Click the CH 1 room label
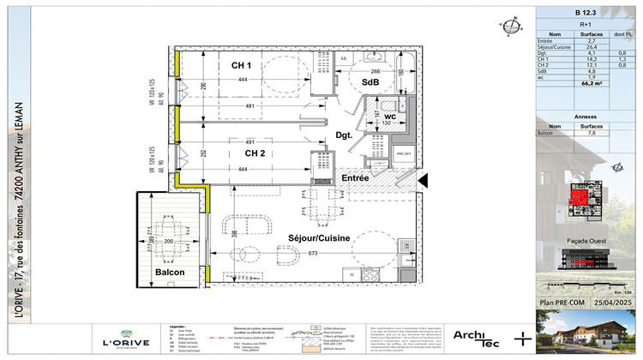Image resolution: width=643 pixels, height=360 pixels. click(x=241, y=66)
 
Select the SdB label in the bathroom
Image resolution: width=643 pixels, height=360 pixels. click(x=370, y=82)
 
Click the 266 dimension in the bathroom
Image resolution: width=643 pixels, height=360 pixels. click(x=375, y=72)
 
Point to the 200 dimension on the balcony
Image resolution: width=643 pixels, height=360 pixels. click(x=168, y=243)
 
